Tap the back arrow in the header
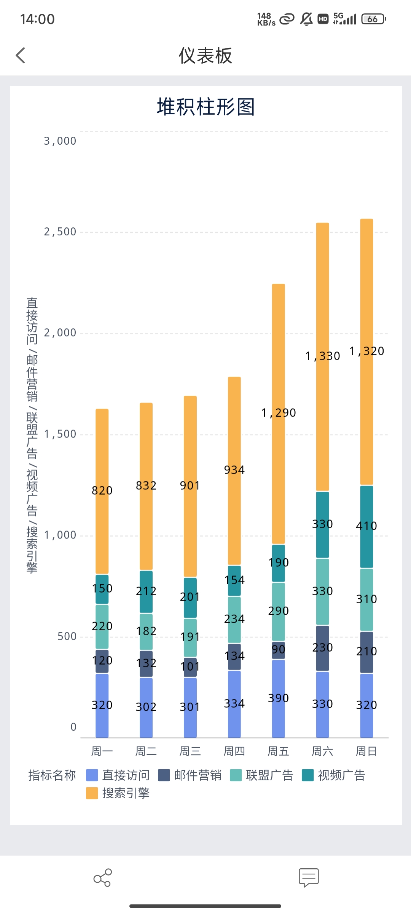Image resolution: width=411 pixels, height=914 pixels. pyautogui.click(x=21, y=56)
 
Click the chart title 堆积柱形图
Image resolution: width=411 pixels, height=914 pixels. pyautogui.click(x=205, y=107)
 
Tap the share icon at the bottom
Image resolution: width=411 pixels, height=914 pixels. pyautogui.click(x=102, y=878)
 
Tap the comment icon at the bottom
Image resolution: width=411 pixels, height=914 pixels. pyautogui.click(x=309, y=878)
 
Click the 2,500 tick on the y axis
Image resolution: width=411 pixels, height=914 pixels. pyautogui.click(x=60, y=232)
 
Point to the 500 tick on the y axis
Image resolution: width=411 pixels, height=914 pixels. pyautogui.click(x=67, y=636)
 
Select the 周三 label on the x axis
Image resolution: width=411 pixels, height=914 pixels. pyautogui.click(x=190, y=751)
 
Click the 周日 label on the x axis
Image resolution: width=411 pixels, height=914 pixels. pyautogui.click(x=366, y=751)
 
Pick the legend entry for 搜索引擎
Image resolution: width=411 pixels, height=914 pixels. pyautogui.click(x=118, y=793)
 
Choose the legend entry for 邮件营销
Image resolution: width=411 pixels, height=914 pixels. pyautogui.click(x=190, y=775)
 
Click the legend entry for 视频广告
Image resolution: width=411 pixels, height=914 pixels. pyautogui.click(x=334, y=775)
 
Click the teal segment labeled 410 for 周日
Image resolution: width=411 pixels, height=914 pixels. pyautogui.click(x=366, y=526)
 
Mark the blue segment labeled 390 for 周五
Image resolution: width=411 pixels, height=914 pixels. pyautogui.click(x=279, y=698)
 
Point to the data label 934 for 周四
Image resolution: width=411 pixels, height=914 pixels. pyautogui.click(x=234, y=470)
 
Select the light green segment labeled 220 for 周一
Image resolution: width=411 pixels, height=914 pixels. pyautogui.click(x=102, y=626)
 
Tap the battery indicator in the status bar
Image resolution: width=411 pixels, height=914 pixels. pyautogui.click(x=373, y=19)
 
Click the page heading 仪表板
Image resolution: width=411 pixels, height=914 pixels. pyautogui.click(x=205, y=56)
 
